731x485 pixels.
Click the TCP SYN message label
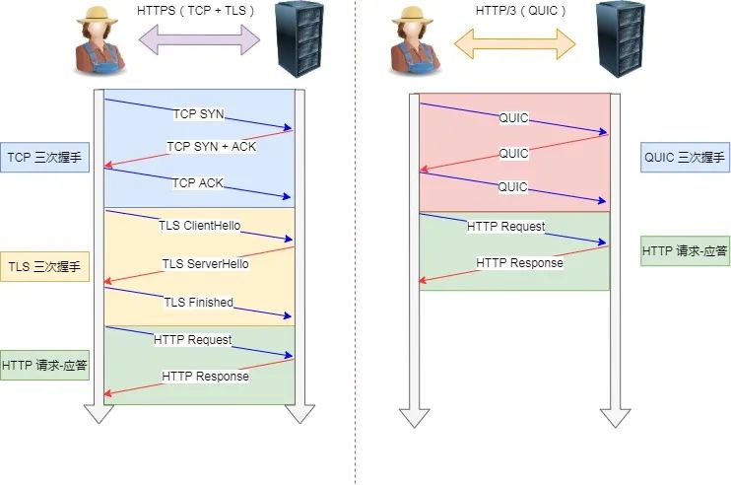click(x=198, y=114)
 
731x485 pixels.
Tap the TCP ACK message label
click(x=199, y=182)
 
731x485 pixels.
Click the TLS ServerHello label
click(x=205, y=263)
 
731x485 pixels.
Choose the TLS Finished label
click(x=198, y=302)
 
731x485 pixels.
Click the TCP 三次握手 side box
click(x=45, y=157)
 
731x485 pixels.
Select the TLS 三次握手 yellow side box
click(x=45, y=266)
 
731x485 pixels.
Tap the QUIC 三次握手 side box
click(x=684, y=157)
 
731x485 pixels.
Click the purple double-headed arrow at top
click(x=201, y=40)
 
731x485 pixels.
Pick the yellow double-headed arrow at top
click(x=514, y=40)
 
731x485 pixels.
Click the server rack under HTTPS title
click(x=301, y=39)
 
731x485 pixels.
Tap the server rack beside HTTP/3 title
click(x=616, y=39)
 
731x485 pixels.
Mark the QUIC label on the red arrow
click(x=513, y=154)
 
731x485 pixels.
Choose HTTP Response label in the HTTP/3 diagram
click(x=519, y=263)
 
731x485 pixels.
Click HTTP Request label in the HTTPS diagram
click(x=193, y=339)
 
